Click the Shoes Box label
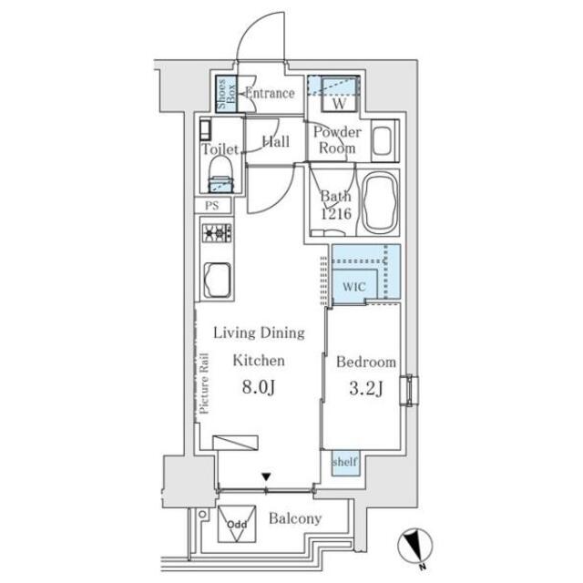coord(222,94)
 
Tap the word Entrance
coord(270,93)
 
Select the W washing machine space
coord(336,95)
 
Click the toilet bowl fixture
coord(220,173)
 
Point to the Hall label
coord(275,141)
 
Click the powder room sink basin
coord(383,143)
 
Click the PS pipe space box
coord(212,206)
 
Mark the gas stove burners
coord(218,234)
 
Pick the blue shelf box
coord(345,463)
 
